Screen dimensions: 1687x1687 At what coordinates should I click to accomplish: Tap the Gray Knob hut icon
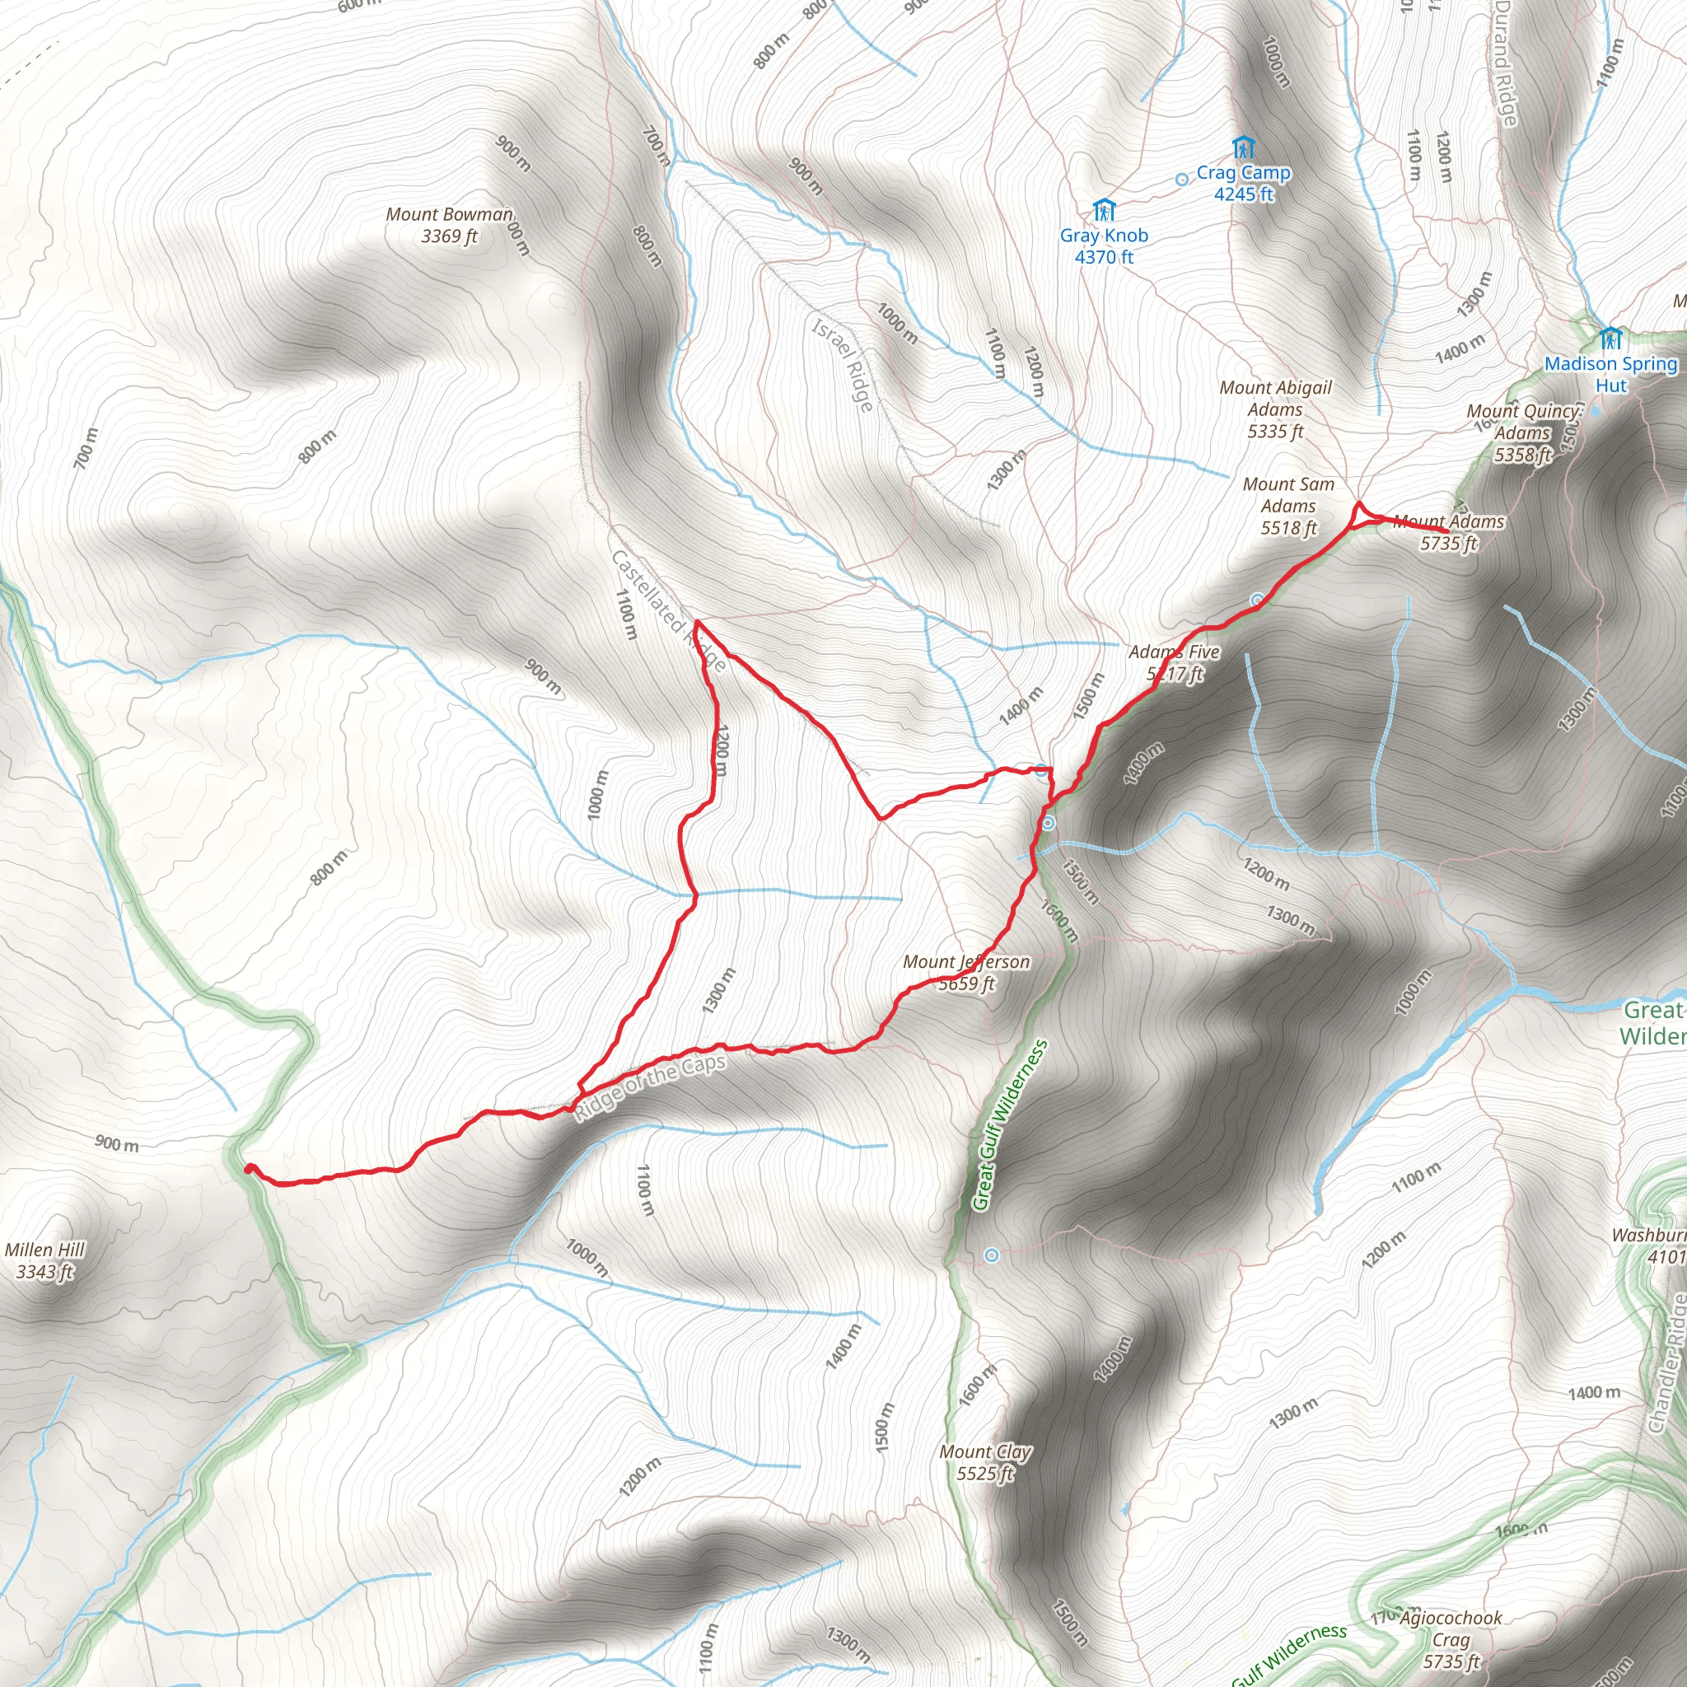coord(1104,210)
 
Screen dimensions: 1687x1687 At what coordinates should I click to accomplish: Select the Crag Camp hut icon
coord(1243,147)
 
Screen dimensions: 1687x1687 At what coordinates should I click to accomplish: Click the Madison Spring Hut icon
coord(1611,338)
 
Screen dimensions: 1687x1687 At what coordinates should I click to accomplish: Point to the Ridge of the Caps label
coord(650,1087)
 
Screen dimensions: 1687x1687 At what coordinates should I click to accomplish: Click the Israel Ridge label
coord(843,364)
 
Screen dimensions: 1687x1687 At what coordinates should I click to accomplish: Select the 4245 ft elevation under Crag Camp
coord(1243,194)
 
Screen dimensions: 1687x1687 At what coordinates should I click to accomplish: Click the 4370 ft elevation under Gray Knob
coord(1104,258)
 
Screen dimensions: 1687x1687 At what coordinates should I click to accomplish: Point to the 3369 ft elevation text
coord(450,236)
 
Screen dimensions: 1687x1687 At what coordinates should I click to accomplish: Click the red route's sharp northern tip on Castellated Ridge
coord(696,622)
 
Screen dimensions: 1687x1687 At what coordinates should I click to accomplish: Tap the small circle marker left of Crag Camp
coord(1181,179)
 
